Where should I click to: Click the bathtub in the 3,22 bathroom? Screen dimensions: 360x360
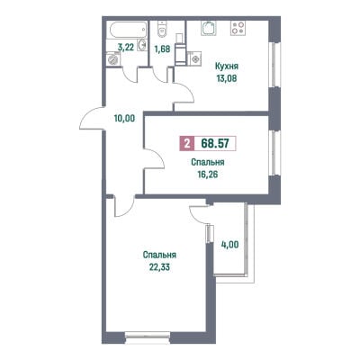tap(127, 30)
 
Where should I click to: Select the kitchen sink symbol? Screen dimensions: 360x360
tap(209, 28)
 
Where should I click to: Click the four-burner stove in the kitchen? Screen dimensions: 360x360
tap(238, 28)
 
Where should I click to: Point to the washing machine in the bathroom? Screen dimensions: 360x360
tap(112, 58)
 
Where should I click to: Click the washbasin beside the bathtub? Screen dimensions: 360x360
tap(143, 45)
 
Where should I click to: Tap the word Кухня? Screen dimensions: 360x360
tap(227, 66)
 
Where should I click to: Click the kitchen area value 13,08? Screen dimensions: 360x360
tap(227, 78)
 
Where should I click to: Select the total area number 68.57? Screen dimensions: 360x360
tap(215, 143)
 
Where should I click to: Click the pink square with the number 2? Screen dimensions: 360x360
tap(187, 143)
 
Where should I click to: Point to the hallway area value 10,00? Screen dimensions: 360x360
tap(124, 119)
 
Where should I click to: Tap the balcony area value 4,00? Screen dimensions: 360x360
tap(229, 245)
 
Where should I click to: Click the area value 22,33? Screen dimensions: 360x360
tap(159, 267)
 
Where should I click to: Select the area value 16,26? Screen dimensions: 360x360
tap(207, 175)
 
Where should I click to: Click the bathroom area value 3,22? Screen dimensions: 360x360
tap(126, 48)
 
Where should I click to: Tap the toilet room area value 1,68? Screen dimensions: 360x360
tap(162, 49)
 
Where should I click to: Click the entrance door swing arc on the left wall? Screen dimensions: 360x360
tap(87, 113)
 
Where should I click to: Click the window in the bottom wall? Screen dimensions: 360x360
tap(148, 334)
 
